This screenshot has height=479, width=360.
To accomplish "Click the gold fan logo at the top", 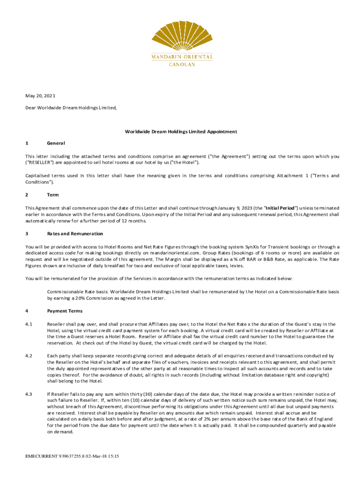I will click(182, 32).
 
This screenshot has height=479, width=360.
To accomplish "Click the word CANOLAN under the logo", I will click(182, 65).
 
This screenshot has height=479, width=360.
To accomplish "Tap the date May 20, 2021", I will click(40, 96).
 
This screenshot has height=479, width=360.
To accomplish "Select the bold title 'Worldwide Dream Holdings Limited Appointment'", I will click(180, 131).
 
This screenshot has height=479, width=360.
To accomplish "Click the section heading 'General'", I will click(56, 143).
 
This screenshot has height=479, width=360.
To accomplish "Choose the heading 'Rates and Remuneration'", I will click(75, 233).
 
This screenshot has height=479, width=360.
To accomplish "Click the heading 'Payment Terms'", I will click(65, 311).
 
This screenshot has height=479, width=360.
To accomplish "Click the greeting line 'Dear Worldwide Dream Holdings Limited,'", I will click(71, 108).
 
